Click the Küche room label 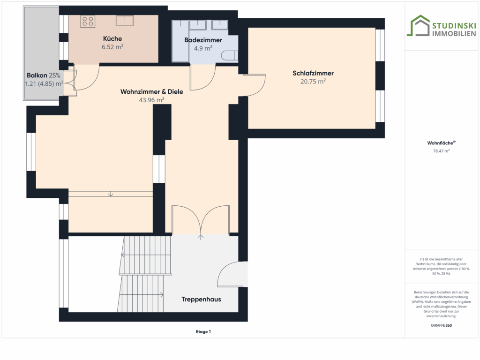112,38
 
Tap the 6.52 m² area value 112,47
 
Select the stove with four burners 88,22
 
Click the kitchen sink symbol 125,21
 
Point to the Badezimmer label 203,40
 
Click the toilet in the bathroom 230,56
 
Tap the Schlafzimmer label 313,73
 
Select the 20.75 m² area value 313,82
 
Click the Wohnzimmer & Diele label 151,91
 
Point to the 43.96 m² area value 151,100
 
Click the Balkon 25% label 44,75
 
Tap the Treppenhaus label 201,300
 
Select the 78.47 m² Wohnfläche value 441,151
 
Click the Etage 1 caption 203,331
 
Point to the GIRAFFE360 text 441,325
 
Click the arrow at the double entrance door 201,237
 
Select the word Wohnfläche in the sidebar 440,143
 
